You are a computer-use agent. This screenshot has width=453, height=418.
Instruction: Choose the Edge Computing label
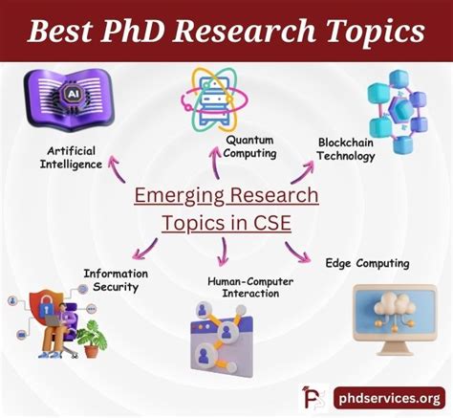(x=367, y=263)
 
